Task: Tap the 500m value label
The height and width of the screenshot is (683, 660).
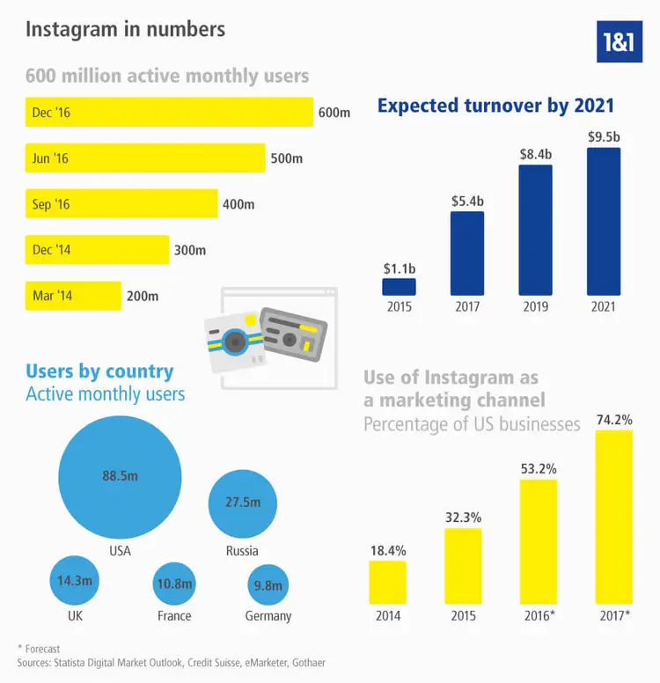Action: [x=286, y=159]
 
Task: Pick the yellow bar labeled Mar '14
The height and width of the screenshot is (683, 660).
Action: [x=74, y=296]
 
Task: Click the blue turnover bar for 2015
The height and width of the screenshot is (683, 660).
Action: [x=399, y=287]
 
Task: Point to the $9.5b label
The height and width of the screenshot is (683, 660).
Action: [x=603, y=136]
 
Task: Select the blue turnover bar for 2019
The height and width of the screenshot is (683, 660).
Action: [x=535, y=230]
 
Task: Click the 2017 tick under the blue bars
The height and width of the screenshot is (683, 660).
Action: [x=466, y=307]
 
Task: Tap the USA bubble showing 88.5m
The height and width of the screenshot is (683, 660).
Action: [x=120, y=476]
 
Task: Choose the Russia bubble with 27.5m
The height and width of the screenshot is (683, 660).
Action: [x=242, y=503]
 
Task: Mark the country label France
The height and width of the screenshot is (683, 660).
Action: [x=174, y=616]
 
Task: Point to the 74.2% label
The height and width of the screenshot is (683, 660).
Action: [x=613, y=421]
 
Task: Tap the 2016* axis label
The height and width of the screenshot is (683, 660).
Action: [x=538, y=616]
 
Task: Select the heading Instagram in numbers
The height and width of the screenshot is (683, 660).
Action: [x=125, y=29]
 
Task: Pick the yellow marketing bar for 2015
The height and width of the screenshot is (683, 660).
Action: [x=463, y=565]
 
